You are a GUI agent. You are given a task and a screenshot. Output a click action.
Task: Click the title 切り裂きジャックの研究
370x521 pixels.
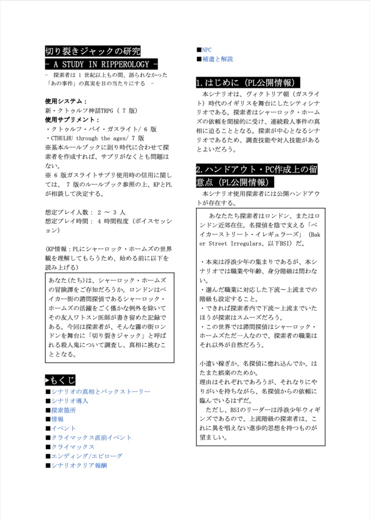pyautogui.click(x=92, y=51)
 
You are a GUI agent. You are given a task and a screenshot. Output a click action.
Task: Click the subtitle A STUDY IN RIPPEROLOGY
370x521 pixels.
pyautogui.click(x=101, y=65)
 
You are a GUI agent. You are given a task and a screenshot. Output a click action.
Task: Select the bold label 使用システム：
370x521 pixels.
pyautogui.click(x=66, y=101)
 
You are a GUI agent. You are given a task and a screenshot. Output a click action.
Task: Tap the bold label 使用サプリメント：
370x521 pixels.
pyautogui.click(x=72, y=120)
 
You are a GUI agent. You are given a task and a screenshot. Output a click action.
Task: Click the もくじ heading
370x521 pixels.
pyautogui.click(x=61, y=380)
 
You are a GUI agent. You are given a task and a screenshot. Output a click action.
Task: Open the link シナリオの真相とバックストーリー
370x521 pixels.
pyautogui.click(x=100, y=392)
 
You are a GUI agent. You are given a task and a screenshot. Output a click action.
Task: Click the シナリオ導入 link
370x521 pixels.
pyautogui.click(x=69, y=401)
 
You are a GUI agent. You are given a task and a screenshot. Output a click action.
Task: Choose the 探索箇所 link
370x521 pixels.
pyautogui.click(x=63, y=410)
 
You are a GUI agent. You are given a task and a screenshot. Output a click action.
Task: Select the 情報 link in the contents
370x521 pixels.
pyautogui.click(x=57, y=419)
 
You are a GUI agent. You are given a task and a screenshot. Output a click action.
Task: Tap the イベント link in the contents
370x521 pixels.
pyautogui.click(x=63, y=428)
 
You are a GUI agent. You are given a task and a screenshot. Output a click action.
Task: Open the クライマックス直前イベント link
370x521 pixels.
pyautogui.click(x=91, y=438)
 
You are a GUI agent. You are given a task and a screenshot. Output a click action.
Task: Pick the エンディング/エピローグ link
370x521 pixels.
pyautogui.click(x=87, y=456)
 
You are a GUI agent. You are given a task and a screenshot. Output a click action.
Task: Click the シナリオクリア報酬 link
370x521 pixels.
pyautogui.click(x=78, y=465)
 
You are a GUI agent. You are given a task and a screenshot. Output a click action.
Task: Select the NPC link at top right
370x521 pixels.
pyautogui.click(x=206, y=50)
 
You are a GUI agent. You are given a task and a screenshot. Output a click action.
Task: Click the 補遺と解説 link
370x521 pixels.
pyautogui.click(x=217, y=59)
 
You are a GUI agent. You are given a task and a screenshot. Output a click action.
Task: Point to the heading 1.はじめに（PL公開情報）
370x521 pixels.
pyautogui.click(x=248, y=82)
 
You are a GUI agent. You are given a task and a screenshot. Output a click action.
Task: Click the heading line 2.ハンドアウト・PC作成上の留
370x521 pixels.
pyautogui.click(x=256, y=169)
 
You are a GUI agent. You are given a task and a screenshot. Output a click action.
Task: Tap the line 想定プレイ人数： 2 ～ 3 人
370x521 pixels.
pyautogui.click(x=85, y=212)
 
